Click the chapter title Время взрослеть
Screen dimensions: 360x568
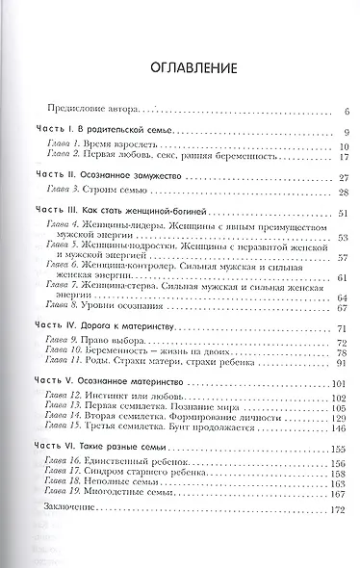click(116, 145)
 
